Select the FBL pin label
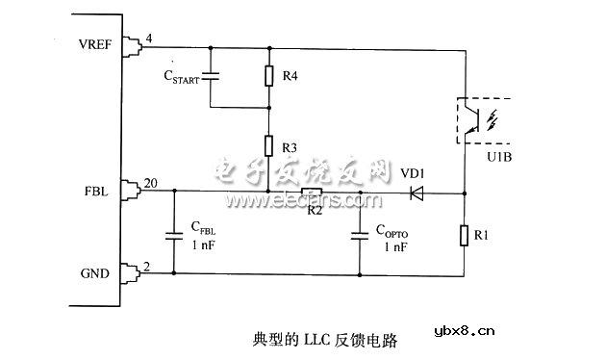(x=97, y=191)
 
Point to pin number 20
(x=150, y=183)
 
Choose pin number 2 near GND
(x=145, y=265)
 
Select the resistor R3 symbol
(x=268, y=146)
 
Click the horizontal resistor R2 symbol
(x=312, y=193)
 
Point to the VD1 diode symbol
(x=416, y=193)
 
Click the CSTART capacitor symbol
(x=214, y=75)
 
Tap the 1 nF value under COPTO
(x=395, y=246)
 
